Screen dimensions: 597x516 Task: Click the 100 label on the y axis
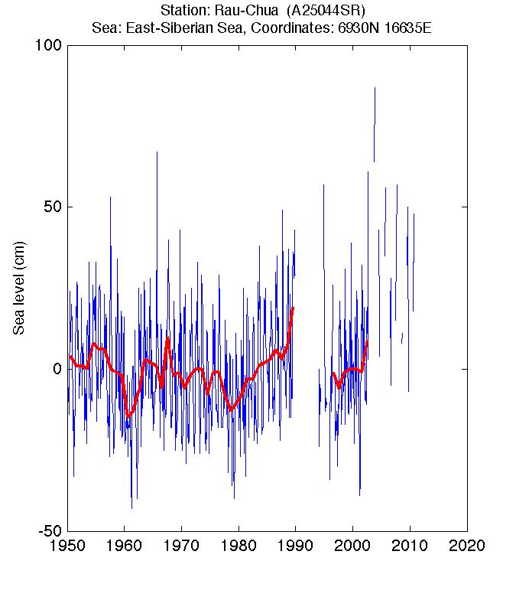coord(48,45)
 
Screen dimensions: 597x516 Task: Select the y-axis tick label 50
coord(53,207)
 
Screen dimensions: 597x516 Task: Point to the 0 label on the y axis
coord(57,369)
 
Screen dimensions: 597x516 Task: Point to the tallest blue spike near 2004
coord(375,88)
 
